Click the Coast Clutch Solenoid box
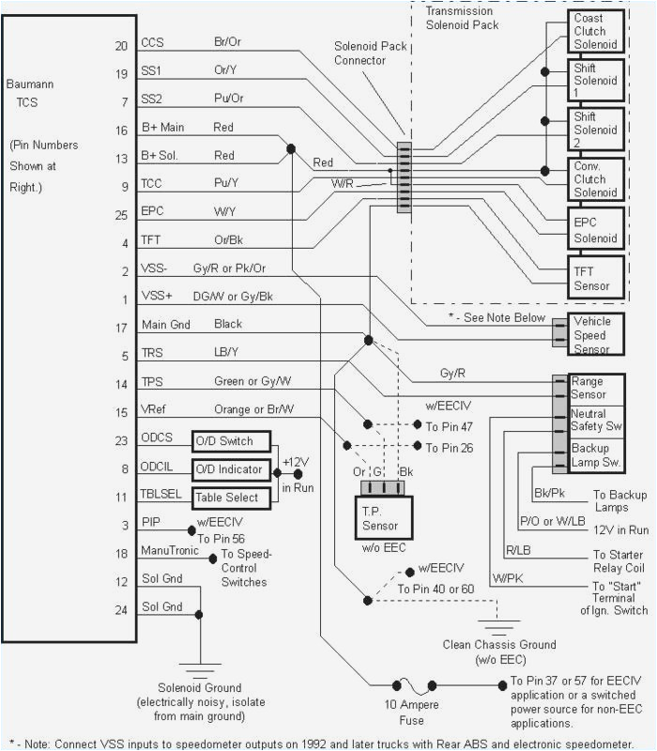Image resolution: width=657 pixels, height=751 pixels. [x=596, y=31]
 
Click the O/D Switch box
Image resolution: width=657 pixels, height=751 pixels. [x=229, y=441]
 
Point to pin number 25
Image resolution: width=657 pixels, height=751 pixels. [x=121, y=215]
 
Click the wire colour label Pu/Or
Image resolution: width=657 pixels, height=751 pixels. [x=229, y=99]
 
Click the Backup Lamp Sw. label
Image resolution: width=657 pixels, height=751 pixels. [x=597, y=456]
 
